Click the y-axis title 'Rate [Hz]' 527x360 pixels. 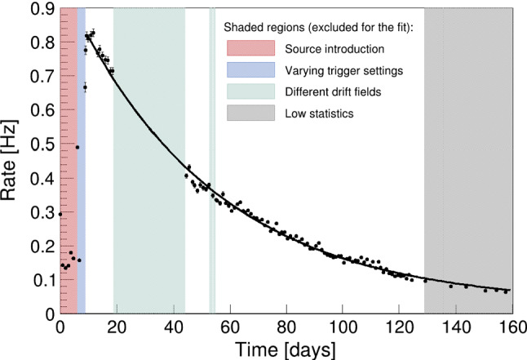(x=16, y=159)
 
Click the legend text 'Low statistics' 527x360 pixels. (x=319, y=113)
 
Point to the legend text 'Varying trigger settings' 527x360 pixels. (x=344, y=70)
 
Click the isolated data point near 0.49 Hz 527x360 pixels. (x=77, y=147)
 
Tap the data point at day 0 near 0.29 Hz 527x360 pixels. (x=60, y=214)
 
